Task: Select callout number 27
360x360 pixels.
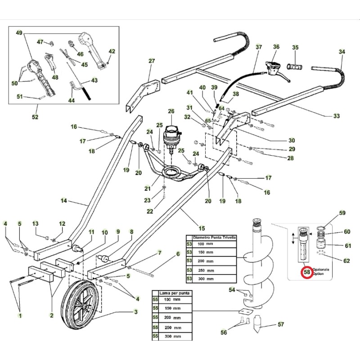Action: (152, 61)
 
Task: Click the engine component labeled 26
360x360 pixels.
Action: (171, 133)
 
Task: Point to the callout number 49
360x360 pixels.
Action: (19, 33)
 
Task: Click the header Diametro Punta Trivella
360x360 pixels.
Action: (214, 237)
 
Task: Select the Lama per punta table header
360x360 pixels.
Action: (173, 293)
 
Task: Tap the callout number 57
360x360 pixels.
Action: (281, 324)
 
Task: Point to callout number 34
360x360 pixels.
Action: (342, 52)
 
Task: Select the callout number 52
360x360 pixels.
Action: (35, 117)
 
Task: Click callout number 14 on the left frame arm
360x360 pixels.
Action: (63, 201)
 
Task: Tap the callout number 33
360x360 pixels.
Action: (337, 117)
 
